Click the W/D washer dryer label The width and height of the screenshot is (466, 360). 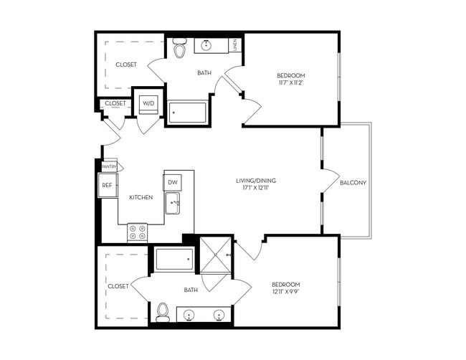148,103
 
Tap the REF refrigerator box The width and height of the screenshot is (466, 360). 107,185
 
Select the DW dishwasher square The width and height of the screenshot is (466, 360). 173,183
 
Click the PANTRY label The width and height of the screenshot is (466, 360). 109,166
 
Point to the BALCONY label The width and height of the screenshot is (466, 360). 353,182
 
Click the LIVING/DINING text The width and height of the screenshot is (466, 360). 256,181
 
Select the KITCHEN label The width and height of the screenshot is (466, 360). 141,197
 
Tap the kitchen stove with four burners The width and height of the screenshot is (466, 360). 137,232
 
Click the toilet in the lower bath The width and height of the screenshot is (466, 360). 163,312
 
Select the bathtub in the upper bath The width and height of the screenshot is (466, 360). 187,113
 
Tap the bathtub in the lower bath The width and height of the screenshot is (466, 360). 173,259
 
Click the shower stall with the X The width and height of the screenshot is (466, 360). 216,255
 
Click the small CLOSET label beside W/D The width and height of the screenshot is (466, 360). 115,103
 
